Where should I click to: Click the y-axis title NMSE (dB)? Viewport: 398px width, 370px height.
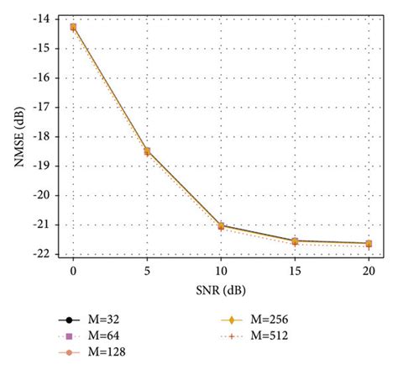[16, 135]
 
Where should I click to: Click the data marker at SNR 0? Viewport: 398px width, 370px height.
[73, 27]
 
